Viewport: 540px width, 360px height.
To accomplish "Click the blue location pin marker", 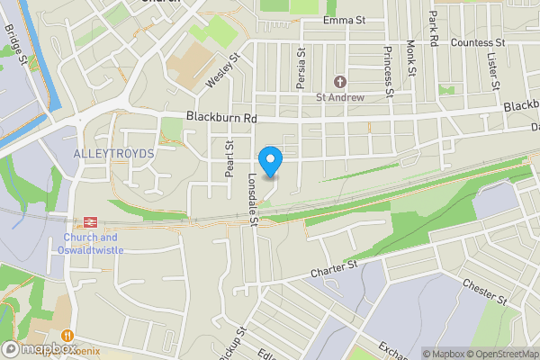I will coord(270,161).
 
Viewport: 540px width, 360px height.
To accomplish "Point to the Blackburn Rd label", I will coord(222,117).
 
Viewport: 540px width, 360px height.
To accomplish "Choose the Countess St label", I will coord(479,42).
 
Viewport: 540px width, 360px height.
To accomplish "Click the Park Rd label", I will coord(434,29).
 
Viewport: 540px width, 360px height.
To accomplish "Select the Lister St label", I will coord(493,71).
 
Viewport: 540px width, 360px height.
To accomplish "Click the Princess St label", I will coord(389,71).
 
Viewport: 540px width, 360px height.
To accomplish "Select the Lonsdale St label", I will coord(254,198).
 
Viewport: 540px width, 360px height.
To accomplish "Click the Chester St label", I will coord(485,291).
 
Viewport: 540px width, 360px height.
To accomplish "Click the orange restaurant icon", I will coord(67,335).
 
